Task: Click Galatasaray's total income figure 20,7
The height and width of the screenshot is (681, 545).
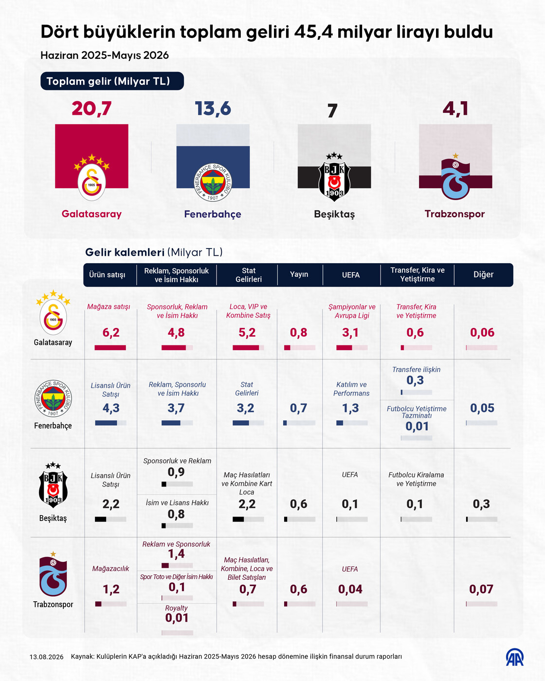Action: [91, 108]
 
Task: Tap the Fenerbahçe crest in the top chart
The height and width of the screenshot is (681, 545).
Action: [213, 182]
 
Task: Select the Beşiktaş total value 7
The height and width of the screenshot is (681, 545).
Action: [332, 111]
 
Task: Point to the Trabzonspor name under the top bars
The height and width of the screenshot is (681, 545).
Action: [455, 214]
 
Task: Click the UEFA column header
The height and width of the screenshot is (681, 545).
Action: [350, 275]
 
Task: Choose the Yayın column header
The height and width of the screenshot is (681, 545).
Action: [299, 274]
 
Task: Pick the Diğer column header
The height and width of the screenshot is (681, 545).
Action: [483, 274]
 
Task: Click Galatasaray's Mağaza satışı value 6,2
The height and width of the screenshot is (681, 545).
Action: [111, 333]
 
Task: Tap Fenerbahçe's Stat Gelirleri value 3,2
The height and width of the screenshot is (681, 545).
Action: [245, 408]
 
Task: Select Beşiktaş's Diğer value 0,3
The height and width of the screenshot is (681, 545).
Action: [481, 504]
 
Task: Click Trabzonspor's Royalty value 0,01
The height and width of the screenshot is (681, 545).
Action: [177, 618]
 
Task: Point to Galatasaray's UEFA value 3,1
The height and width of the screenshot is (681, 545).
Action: [350, 333]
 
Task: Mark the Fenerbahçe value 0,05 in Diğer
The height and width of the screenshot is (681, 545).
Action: [482, 408]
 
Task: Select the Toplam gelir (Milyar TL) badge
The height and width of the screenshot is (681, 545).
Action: [112, 81]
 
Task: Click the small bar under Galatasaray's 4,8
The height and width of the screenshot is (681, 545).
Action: [177, 348]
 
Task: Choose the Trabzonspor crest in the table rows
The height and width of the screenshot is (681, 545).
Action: [53, 576]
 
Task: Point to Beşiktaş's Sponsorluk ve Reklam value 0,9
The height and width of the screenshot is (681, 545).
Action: [176, 472]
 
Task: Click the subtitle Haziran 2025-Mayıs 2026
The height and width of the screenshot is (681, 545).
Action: [105, 55]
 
